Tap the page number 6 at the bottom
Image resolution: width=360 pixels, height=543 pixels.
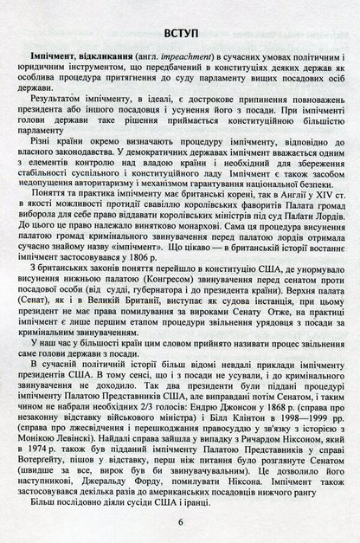point(180,522)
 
